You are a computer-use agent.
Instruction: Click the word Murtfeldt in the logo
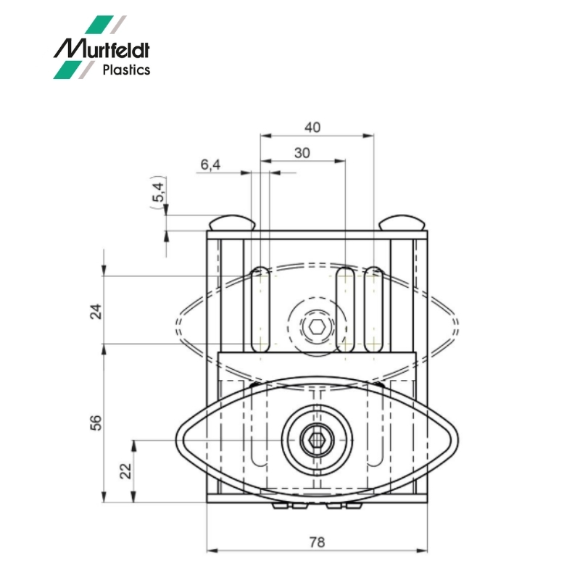(101, 49)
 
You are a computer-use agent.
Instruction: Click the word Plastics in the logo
(126, 70)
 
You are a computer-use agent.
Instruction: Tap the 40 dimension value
(312, 128)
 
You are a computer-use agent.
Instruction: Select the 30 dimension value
(302, 153)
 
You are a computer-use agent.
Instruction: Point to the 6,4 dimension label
(210, 165)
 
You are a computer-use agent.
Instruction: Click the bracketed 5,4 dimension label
(158, 192)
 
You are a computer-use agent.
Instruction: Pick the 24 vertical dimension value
(96, 311)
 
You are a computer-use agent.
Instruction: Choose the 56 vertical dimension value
(96, 423)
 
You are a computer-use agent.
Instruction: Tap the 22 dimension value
(125, 471)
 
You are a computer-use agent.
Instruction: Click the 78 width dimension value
(317, 542)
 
